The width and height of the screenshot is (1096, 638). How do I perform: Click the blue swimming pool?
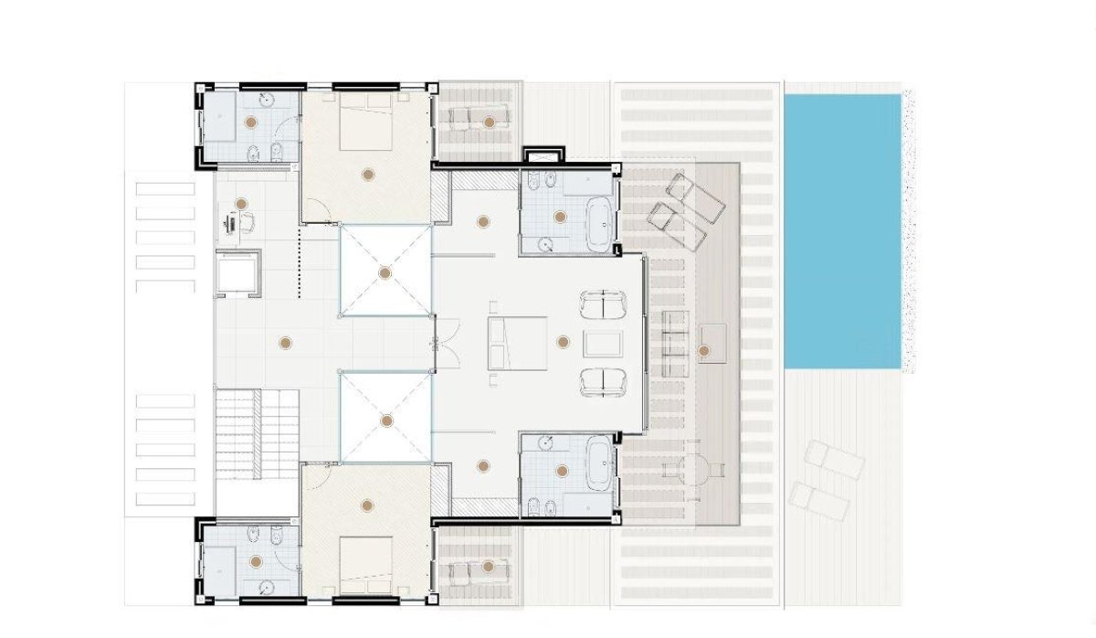[x=843, y=230]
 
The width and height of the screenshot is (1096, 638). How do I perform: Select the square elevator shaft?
[x=238, y=271]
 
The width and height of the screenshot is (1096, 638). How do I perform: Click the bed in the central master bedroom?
[x=517, y=343]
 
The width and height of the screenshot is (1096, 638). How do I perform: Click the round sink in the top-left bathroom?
[x=266, y=101]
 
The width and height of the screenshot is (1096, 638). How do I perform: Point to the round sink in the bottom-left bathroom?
[x=266, y=587]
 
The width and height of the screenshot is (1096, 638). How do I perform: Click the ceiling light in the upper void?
[x=385, y=271]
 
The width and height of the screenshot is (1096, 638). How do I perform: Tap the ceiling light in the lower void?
[x=385, y=420]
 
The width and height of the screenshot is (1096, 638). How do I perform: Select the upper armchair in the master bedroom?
[x=602, y=304]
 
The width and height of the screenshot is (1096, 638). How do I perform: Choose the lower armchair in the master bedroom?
[x=602, y=381]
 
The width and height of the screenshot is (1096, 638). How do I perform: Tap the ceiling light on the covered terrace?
[x=702, y=350]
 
